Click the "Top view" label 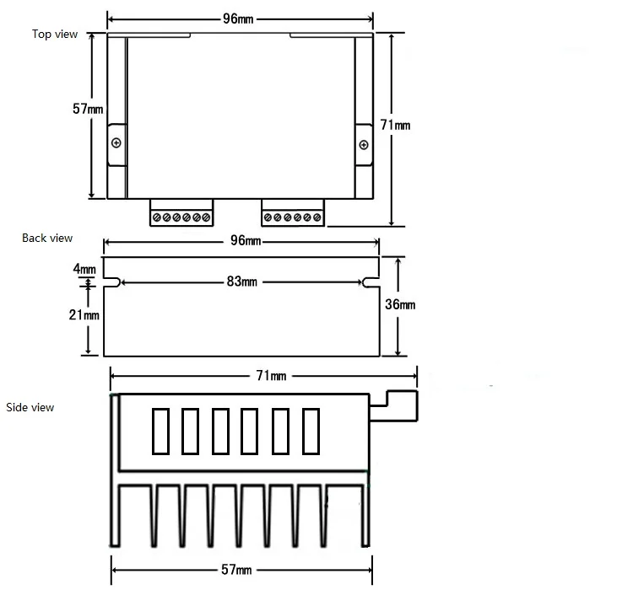(x=55, y=34)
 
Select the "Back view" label (x=47, y=239)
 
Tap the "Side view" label (x=30, y=407)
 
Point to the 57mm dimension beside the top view (x=88, y=109)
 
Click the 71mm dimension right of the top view (x=395, y=125)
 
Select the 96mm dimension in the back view (x=245, y=242)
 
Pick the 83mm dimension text (x=242, y=282)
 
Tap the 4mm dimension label (x=84, y=269)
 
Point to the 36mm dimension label (x=400, y=305)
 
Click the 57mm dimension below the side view (x=238, y=571)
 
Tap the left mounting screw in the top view (x=116, y=141)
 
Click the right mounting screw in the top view (x=364, y=145)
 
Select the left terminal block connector (x=181, y=212)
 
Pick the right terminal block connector (x=293, y=212)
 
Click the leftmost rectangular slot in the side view (x=160, y=431)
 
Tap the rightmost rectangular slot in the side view (x=311, y=431)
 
